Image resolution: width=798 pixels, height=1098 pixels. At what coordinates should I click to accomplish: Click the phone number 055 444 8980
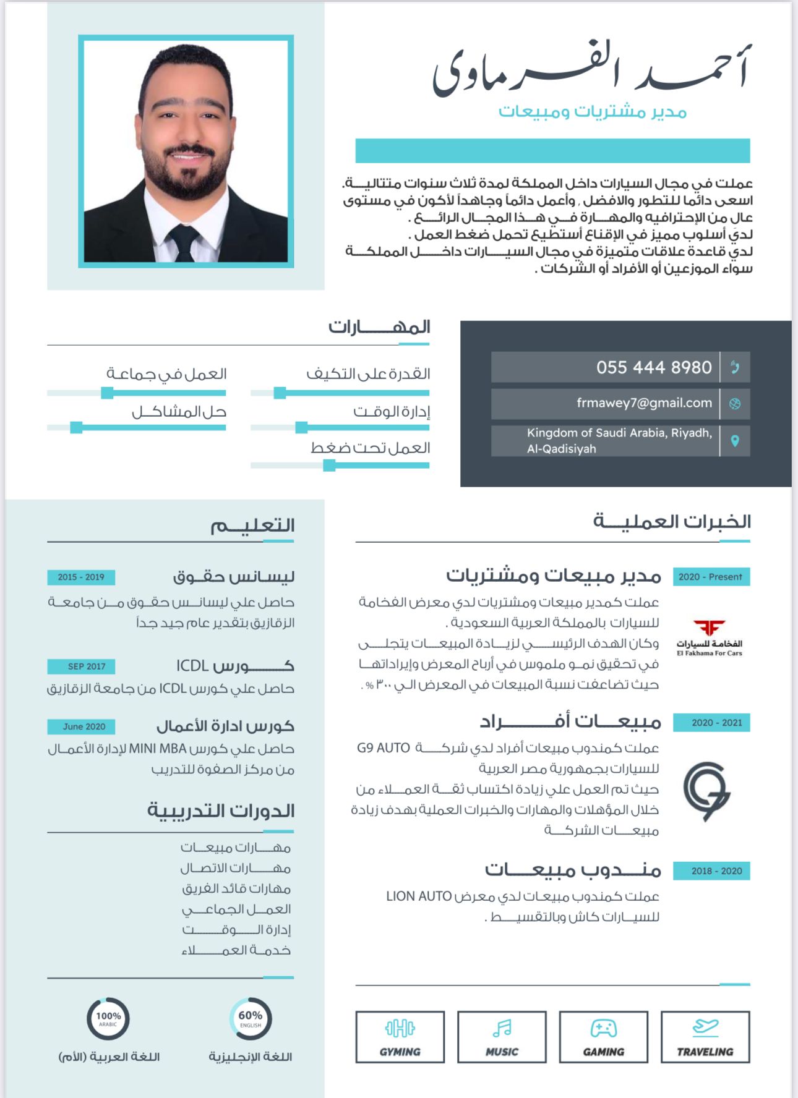654,367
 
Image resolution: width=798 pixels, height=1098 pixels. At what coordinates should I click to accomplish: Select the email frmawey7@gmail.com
644,403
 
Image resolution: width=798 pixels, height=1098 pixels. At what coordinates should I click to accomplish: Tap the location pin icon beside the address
735,441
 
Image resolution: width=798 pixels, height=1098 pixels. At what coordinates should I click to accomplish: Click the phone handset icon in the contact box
735,367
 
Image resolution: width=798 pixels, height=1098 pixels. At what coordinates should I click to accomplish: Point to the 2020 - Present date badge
711,577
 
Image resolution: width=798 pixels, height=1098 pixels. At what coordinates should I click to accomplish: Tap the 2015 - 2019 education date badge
81,577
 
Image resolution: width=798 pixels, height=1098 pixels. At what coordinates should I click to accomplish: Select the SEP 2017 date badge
81,666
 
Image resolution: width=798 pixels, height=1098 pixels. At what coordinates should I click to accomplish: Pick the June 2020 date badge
81,726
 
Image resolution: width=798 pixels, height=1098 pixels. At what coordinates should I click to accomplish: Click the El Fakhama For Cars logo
709,637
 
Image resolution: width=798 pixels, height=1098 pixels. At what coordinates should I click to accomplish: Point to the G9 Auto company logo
707,791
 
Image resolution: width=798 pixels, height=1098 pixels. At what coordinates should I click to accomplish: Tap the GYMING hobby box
400,1037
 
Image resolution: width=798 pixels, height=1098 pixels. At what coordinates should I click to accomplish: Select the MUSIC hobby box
502,1037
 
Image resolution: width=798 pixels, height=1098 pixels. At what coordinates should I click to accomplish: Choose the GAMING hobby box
603,1037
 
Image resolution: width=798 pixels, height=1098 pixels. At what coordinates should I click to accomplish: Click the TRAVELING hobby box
705,1037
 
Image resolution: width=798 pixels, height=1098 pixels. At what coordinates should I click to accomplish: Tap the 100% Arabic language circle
108,1018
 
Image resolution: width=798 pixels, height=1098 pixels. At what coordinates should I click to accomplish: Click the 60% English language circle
251,1018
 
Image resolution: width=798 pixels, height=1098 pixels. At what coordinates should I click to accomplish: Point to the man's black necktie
184,242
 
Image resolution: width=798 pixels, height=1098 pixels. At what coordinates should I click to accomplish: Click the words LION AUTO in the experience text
419,896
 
